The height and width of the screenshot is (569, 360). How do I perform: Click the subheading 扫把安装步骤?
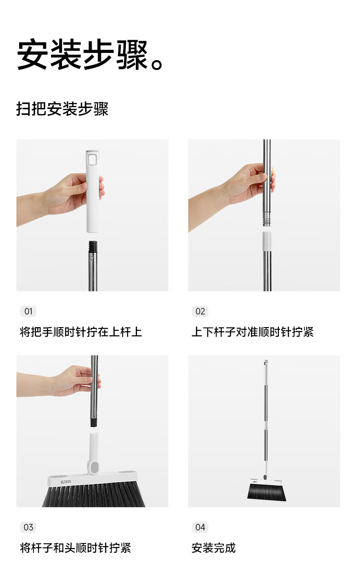(62, 109)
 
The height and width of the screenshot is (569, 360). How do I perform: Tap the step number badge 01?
(28, 312)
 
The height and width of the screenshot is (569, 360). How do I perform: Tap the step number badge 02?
(200, 312)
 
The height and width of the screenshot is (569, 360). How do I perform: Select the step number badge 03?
(28, 527)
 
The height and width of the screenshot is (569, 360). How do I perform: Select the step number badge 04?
(200, 527)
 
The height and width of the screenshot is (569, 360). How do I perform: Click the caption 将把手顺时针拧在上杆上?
(81, 332)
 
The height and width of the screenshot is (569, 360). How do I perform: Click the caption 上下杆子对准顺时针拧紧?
(252, 332)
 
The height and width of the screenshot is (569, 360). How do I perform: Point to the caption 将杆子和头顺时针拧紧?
(76, 548)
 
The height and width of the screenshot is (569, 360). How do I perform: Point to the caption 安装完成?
(213, 548)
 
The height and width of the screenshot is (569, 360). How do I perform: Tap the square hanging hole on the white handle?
(93, 159)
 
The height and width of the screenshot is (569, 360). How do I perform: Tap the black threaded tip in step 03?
(94, 421)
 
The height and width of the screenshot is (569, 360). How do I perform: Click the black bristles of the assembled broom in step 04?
(267, 492)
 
